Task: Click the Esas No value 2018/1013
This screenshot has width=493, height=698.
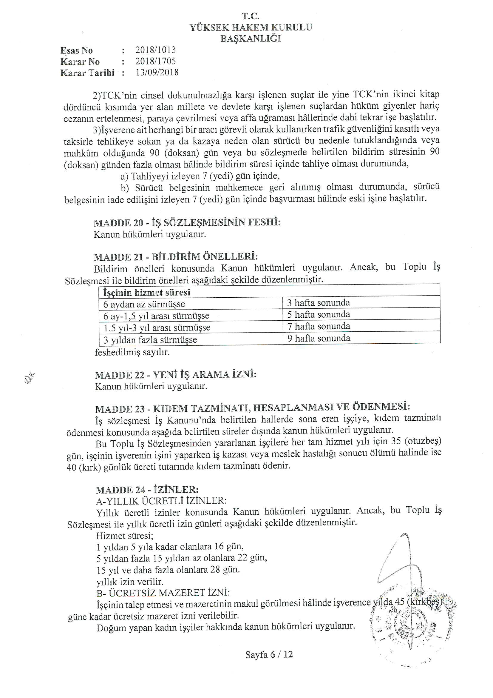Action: pyautogui.click(x=155, y=50)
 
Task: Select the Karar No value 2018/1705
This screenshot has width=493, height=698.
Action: pyautogui.click(x=155, y=62)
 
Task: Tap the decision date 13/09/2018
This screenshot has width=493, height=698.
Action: pyautogui.click(x=157, y=73)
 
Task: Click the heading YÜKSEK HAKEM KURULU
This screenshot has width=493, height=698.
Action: pyautogui.click(x=251, y=27)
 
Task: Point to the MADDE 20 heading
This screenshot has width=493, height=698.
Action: pyautogui.click(x=187, y=222)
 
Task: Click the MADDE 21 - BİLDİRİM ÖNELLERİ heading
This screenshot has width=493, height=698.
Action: pyautogui.click(x=176, y=257)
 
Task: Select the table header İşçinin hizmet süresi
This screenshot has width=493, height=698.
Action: pyautogui.click(x=147, y=293)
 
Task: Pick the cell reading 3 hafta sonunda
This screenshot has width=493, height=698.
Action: pyautogui.click(x=318, y=303)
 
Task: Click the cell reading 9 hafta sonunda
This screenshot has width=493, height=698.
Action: pyautogui.click(x=319, y=338)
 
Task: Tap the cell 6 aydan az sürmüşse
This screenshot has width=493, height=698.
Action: pyautogui.click(x=144, y=304)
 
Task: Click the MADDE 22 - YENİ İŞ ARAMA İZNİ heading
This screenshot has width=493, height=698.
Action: pyautogui.click(x=176, y=375)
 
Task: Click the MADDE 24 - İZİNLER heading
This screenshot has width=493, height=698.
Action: pyautogui.click(x=147, y=490)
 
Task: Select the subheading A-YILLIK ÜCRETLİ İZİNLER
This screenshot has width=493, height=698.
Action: pyautogui.click(x=161, y=501)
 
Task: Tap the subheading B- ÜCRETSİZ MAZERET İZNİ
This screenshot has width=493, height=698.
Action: pyautogui.click(x=163, y=593)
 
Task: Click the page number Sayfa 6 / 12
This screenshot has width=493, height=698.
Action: pyautogui.click(x=269, y=654)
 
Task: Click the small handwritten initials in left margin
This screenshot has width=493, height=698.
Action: pyautogui.click(x=30, y=379)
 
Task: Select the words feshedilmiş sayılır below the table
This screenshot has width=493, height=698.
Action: pyautogui.click(x=132, y=352)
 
